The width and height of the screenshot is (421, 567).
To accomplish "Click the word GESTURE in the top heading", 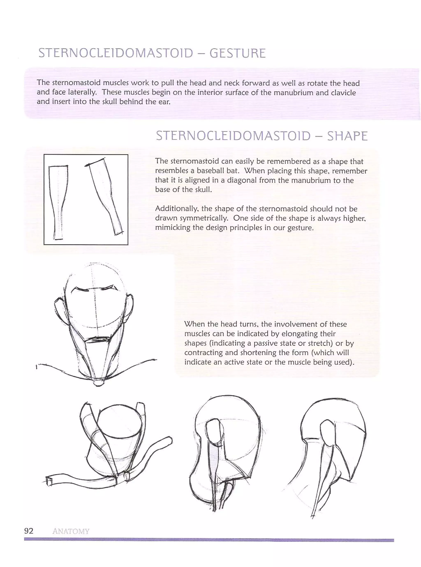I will point(237,53).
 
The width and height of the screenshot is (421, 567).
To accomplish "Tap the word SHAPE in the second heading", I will point(347,136).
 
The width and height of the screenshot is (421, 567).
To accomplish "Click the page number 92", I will point(29,531).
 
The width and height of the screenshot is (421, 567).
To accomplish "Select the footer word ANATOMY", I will point(71,531).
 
